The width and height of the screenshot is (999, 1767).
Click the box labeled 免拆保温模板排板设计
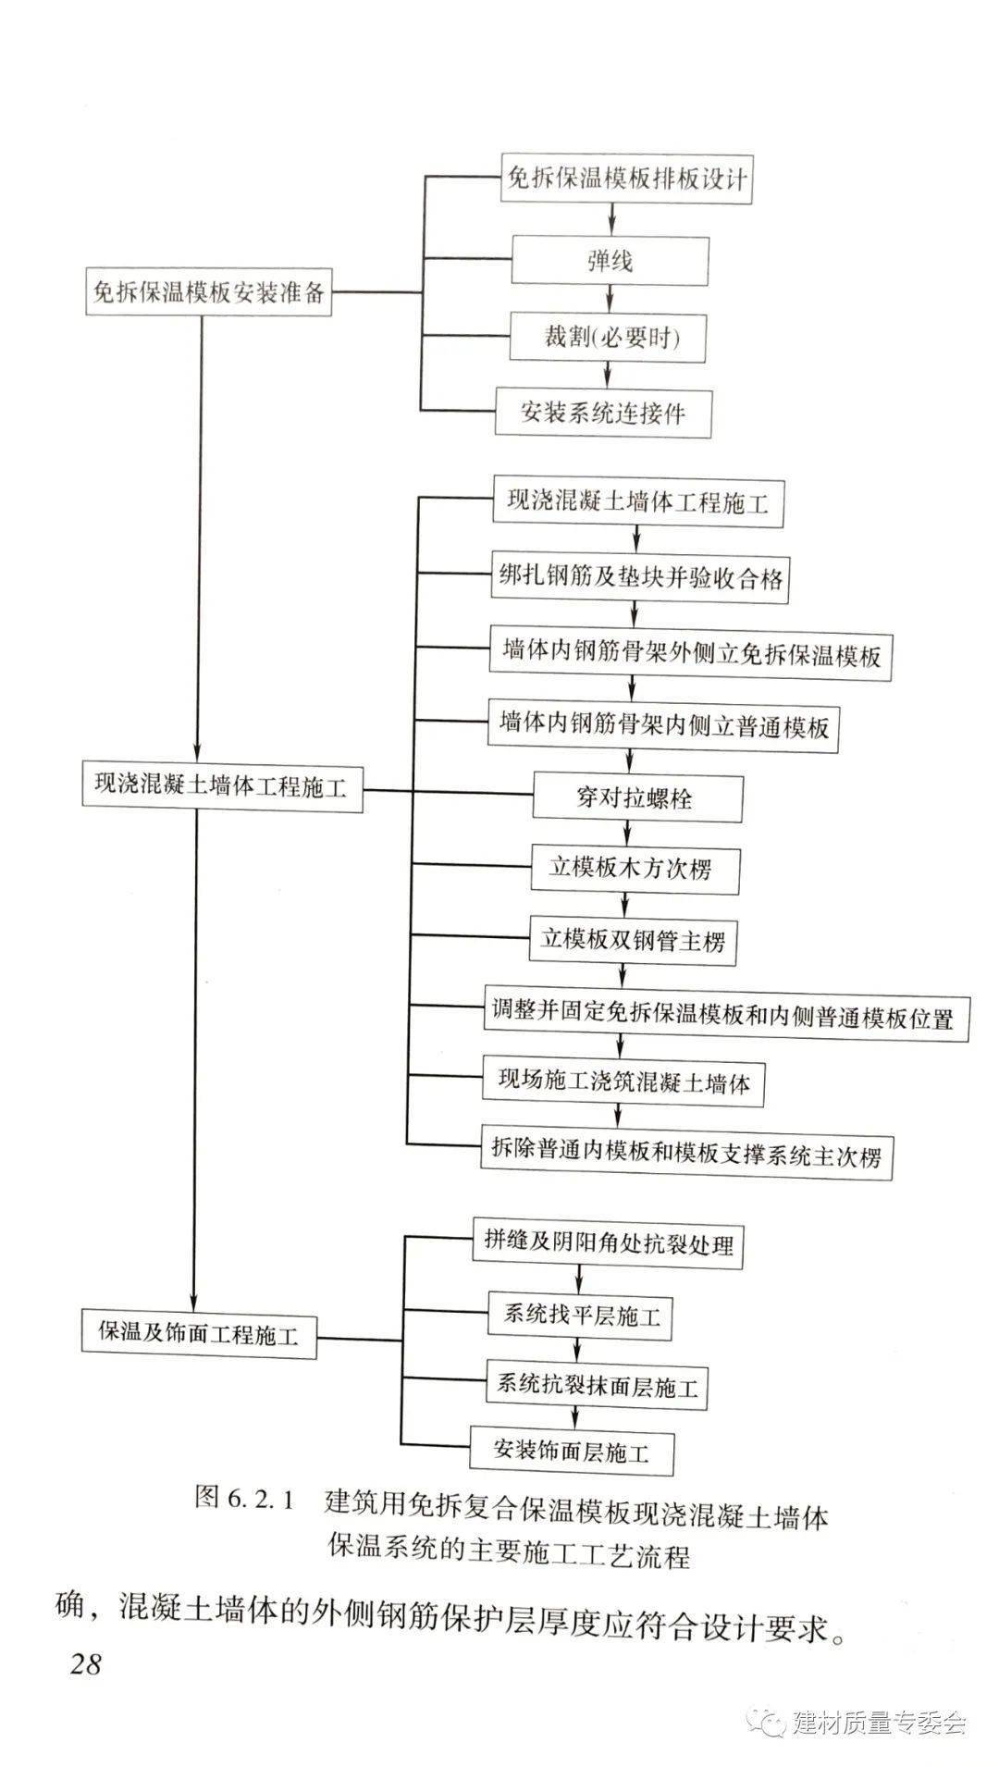click(626, 179)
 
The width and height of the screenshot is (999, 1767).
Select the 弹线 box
click(610, 261)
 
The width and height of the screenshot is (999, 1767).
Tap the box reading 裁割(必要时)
click(609, 337)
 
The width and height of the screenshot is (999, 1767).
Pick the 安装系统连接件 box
click(603, 412)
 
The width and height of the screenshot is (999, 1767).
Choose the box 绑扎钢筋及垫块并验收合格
click(639, 579)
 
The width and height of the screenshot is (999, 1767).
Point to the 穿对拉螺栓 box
click(637, 797)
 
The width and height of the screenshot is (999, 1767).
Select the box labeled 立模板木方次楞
click(635, 869)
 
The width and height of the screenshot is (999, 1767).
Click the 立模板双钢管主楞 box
click(633, 942)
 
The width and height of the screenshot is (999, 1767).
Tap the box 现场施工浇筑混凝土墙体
click(623, 1082)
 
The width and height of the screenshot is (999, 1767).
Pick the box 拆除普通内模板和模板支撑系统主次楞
click(686, 1155)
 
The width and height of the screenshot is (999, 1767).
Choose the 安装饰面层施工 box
click(572, 1450)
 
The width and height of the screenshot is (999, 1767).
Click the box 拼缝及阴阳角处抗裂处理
click(609, 1243)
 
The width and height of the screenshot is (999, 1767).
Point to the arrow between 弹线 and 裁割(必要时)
click(610, 299)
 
